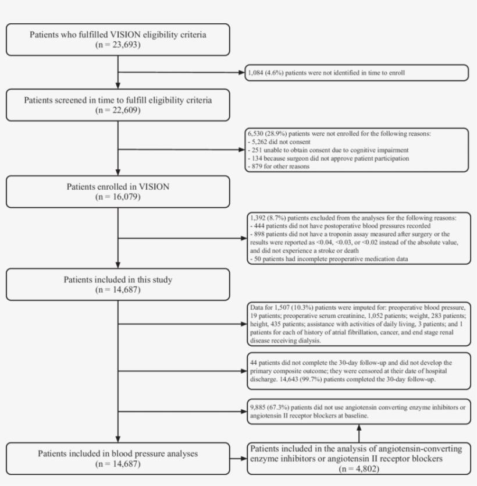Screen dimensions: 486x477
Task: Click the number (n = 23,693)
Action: point(118,44)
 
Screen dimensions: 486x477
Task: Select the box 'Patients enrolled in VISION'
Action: point(118,191)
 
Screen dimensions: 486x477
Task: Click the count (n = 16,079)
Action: point(118,197)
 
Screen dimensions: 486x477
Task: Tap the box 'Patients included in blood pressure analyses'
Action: point(118,457)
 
